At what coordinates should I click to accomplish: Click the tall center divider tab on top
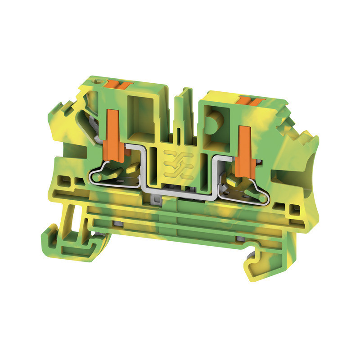pyautogui.click(x=184, y=108)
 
